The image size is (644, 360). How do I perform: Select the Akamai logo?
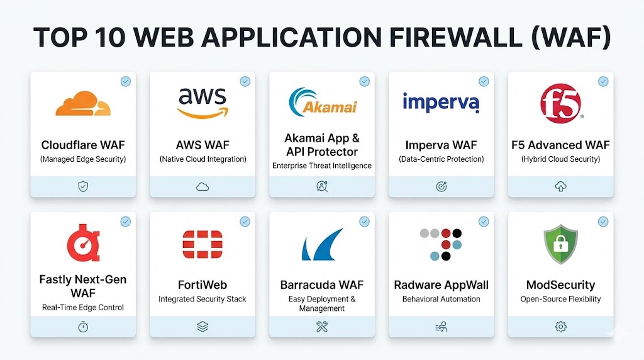pyautogui.click(x=321, y=103)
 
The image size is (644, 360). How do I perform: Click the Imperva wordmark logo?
pyautogui.click(x=441, y=101)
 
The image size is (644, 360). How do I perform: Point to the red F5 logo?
pyautogui.click(x=560, y=103)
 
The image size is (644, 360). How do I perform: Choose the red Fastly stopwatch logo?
pyautogui.click(x=83, y=242)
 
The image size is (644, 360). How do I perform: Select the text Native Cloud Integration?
pyautogui.click(x=202, y=159)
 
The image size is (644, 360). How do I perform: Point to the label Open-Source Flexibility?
pyautogui.click(x=560, y=299)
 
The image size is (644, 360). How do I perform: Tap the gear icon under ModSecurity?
pyautogui.click(x=560, y=327)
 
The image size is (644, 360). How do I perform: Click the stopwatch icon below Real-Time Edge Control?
pyautogui.click(x=83, y=327)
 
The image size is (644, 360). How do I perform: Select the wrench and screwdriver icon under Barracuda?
pyautogui.click(x=321, y=327)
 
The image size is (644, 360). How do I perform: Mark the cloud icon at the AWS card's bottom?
pyautogui.click(x=202, y=186)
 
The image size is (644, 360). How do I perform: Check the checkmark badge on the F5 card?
pyautogui.click(x=602, y=81)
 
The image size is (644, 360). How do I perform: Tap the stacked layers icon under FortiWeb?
pyautogui.click(x=202, y=327)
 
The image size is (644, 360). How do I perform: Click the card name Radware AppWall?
pyautogui.click(x=441, y=285)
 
